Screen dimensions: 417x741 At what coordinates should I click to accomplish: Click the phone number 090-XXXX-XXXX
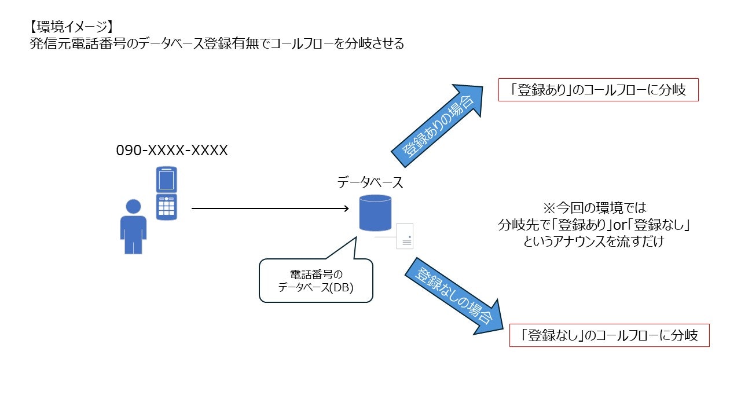(x=172, y=151)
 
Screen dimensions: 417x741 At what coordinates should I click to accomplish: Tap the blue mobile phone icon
(x=166, y=193)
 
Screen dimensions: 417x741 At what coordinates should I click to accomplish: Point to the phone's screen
(x=166, y=181)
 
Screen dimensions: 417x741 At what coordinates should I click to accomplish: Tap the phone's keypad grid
(x=166, y=207)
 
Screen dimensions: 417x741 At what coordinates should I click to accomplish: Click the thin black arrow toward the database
(x=269, y=209)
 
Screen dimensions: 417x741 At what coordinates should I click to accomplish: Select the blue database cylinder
(x=375, y=213)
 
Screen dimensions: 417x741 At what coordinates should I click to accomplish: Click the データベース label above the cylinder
(x=370, y=182)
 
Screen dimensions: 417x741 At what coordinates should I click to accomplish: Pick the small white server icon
(x=404, y=236)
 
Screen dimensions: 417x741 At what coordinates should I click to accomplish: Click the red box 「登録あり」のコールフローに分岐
(x=599, y=90)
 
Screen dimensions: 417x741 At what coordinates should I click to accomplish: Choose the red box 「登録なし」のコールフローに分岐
(x=609, y=335)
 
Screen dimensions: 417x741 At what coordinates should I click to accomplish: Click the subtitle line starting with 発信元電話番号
(x=217, y=44)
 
